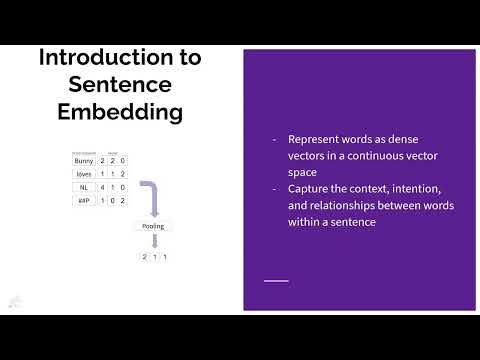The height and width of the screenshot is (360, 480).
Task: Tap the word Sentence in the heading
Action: point(119,84)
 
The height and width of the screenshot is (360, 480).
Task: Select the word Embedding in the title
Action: point(119,111)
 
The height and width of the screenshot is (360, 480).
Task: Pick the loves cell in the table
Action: point(83,173)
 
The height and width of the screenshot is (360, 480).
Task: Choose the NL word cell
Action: point(83,186)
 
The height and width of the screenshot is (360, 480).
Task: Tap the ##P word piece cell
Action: point(83,200)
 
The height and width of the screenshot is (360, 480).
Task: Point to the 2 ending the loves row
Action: point(122,173)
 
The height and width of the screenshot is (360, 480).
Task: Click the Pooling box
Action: point(154,226)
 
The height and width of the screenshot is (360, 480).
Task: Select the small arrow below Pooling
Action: point(154,242)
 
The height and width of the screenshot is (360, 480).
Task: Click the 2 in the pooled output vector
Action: point(145,257)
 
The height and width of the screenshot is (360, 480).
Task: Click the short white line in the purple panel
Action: point(276,281)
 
